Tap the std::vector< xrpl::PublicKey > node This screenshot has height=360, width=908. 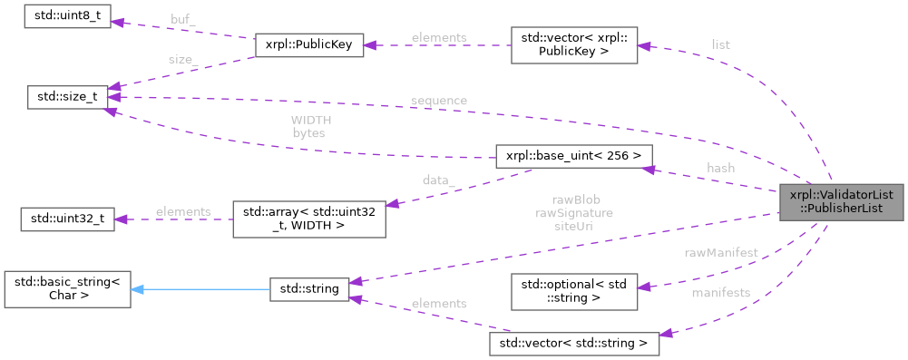click(x=573, y=44)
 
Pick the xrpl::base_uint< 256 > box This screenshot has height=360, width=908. click(x=571, y=157)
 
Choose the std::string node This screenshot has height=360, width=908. click(x=309, y=289)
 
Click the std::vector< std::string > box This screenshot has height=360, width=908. click(x=573, y=343)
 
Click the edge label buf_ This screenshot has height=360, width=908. click(x=183, y=18)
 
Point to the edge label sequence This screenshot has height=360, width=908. click(x=438, y=100)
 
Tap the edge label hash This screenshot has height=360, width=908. click(x=720, y=168)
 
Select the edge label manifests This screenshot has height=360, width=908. click(x=720, y=293)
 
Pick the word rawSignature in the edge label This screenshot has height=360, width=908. click(x=575, y=213)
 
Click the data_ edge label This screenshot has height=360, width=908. click(x=438, y=180)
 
